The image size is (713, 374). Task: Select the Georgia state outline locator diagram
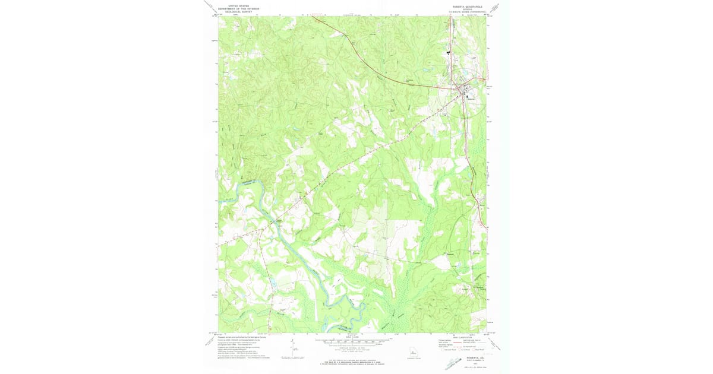[x=414, y=352]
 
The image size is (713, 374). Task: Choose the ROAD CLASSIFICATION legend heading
[x=462, y=337]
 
